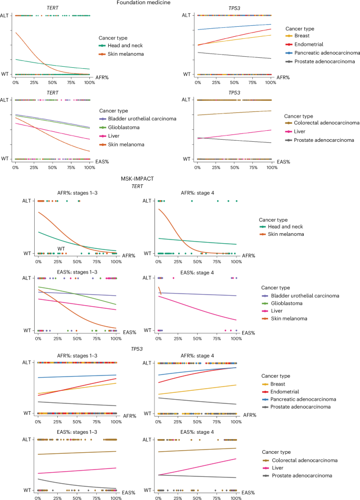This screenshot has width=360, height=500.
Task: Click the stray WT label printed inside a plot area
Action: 60,248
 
